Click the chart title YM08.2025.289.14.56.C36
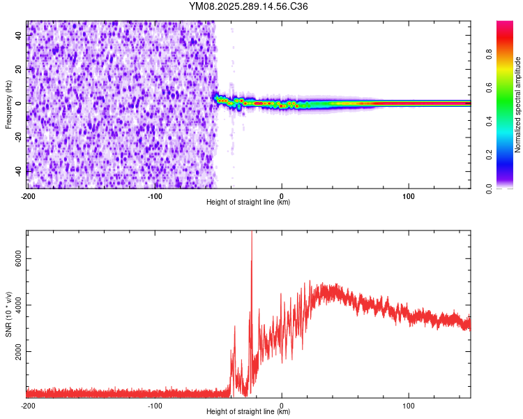pos(249,7)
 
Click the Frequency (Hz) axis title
pos(9,105)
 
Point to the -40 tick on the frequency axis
pos(18,171)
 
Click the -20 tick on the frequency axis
pos(18,137)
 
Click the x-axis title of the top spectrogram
pos(248,203)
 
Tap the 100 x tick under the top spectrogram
pos(409,196)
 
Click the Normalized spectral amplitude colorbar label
pos(517,105)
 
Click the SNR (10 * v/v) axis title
pos(9,314)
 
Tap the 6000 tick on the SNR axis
pos(16,258)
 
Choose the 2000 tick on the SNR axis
pos(16,351)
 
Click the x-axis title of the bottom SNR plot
pos(248,412)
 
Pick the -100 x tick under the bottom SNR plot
pos(154,405)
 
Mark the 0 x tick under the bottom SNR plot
pos(282,405)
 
